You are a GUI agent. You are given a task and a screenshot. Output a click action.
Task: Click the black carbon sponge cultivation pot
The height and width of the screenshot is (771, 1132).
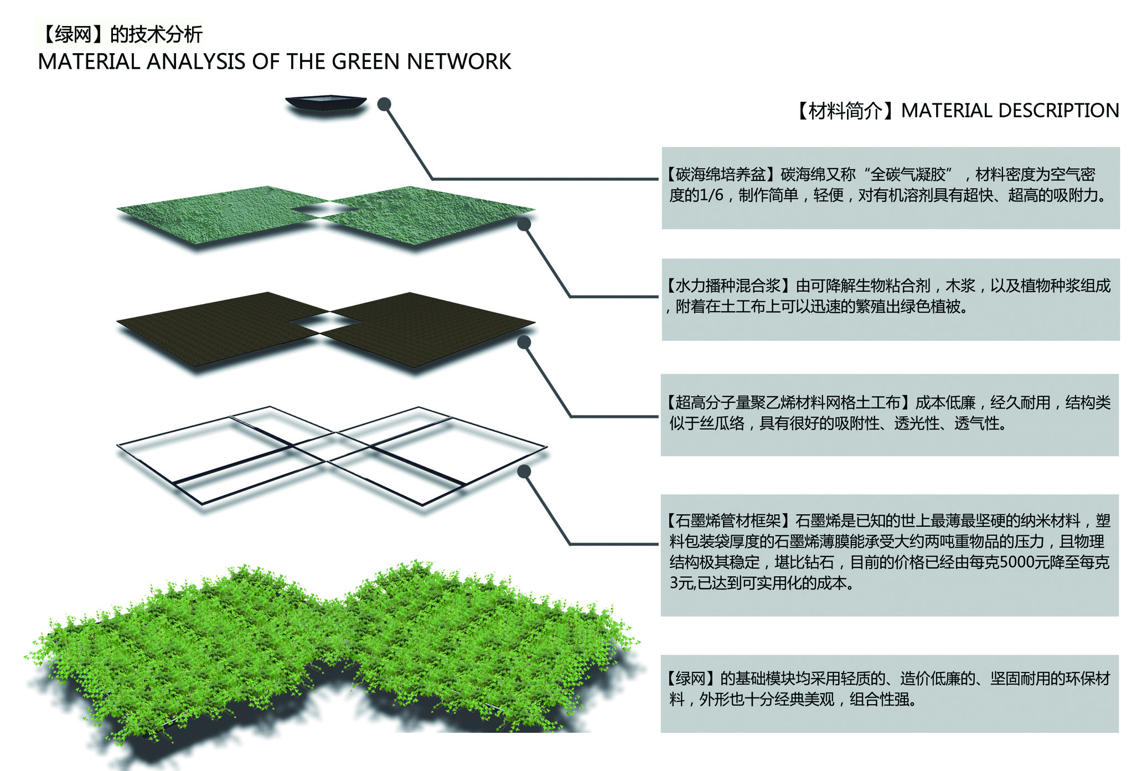325,104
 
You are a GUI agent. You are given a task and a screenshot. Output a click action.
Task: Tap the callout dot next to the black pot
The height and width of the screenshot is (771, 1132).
384,104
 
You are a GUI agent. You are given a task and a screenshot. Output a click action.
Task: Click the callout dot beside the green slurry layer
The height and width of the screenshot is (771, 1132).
524,224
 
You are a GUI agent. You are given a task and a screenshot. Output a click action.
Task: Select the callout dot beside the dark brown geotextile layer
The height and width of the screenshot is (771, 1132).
524,342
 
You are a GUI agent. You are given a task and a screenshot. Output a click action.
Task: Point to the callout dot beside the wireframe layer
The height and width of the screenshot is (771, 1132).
524,471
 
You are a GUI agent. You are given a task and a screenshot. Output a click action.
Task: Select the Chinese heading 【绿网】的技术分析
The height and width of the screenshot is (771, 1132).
120,34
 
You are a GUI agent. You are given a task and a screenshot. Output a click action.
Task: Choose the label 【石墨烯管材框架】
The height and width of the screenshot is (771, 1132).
729,521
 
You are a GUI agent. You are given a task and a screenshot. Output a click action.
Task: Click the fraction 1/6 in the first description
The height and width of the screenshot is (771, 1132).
711,195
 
